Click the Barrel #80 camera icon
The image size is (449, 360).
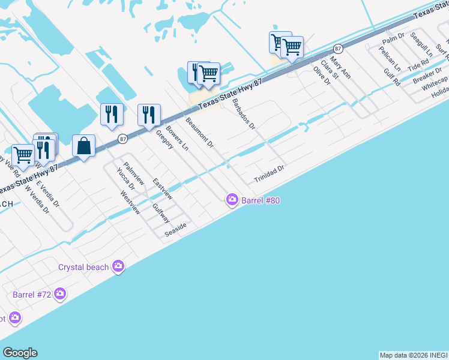pyautogui.click(x=232, y=200)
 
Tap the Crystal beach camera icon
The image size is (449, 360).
pyautogui.click(x=118, y=266)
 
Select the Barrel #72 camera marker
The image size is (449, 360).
pyautogui.click(x=59, y=293)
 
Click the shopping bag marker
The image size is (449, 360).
pyautogui.click(x=83, y=145)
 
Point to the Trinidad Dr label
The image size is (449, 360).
pyautogui.click(x=268, y=175)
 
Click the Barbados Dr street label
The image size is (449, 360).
pyautogui.click(x=243, y=114)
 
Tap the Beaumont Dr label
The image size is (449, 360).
pyautogui.click(x=199, y=133)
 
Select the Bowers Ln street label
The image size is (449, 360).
pyautogui.click(x=177, y=139)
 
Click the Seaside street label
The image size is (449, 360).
pyautogui.click(x=176, y=229)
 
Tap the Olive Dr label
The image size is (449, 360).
pyautogui.click(x=322, y=76)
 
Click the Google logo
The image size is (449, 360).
pyautogui.click(x=20, y=352)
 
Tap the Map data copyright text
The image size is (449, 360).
pyautogui.click(x=414, y=355)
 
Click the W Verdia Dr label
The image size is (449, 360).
pyautogui.click(x=37, y=199)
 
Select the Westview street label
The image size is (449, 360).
pyautogui.click(x=130, y=202)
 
